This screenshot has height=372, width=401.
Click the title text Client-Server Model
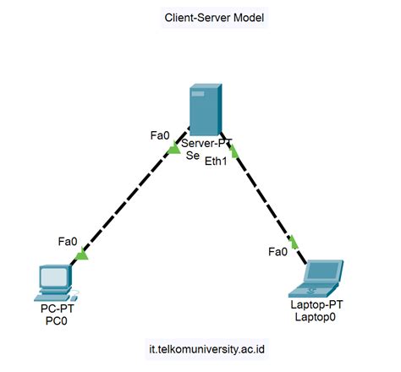213,17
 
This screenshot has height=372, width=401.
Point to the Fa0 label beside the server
160,134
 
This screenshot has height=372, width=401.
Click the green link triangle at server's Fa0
174,150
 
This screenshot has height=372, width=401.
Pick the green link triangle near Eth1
234,152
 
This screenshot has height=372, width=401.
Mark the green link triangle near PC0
81,254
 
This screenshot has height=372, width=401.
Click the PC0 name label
57,322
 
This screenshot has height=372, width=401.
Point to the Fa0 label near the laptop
277,251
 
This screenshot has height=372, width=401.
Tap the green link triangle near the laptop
294,243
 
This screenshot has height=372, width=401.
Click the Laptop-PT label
316,304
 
